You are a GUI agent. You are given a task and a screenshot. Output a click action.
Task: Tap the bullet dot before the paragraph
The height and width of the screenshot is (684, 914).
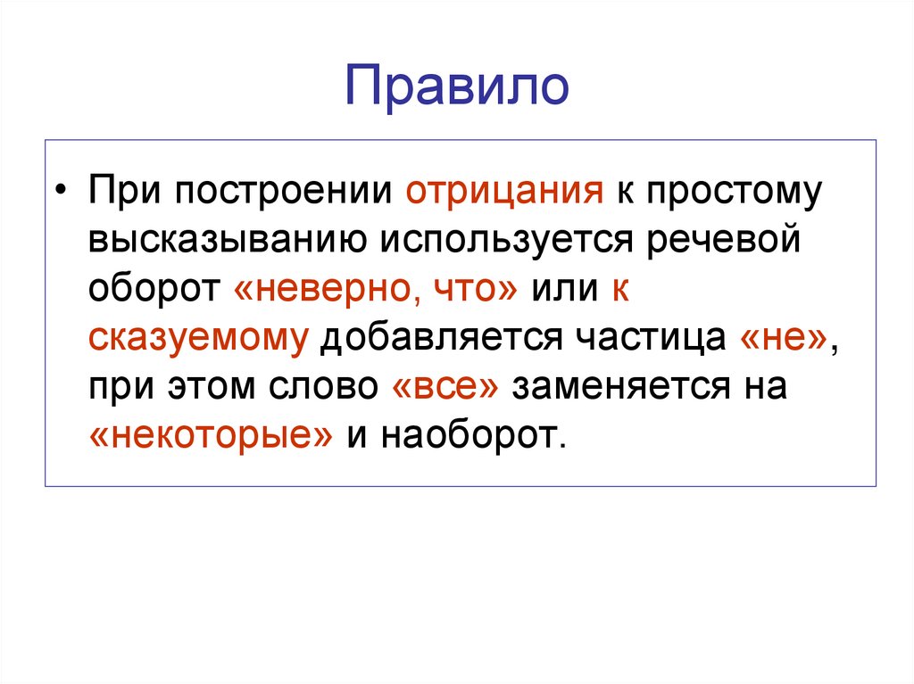(60, 194)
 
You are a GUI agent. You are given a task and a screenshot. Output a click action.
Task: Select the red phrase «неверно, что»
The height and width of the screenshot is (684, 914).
(377, 291)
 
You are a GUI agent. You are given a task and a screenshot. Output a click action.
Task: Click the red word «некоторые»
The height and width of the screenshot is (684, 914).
(212, 435)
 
